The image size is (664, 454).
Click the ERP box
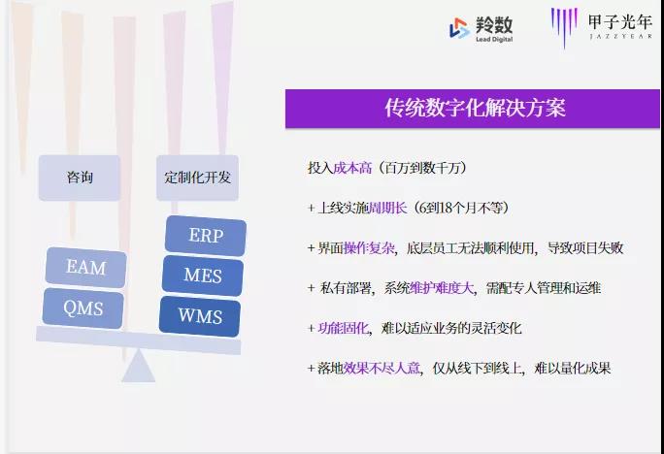(x=206, y=236)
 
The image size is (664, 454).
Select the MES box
(x=203, y=276)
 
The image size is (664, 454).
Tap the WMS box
(x=200, y=316)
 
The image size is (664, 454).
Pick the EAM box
(x=86, y=268)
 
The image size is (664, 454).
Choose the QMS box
(x=83, y=308)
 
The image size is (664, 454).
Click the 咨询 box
(x=80, y=178)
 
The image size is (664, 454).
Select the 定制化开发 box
(x=197, y=178)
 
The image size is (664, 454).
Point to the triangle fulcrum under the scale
(x=138, y=367)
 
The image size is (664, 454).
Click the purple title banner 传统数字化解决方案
(x=473, y=109)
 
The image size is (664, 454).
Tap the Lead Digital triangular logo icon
(x=459, y=28)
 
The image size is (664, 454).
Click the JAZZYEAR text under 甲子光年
(x=621, y=37)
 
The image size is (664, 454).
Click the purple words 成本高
(x=352, y=168)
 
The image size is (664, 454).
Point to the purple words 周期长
(x=388, y=208)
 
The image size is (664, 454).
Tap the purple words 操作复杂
(x=369, y=248)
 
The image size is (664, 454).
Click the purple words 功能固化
(x=343, y=328)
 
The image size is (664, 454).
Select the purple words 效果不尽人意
(x=382, y=368)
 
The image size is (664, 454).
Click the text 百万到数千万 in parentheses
(x=422, y=168)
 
